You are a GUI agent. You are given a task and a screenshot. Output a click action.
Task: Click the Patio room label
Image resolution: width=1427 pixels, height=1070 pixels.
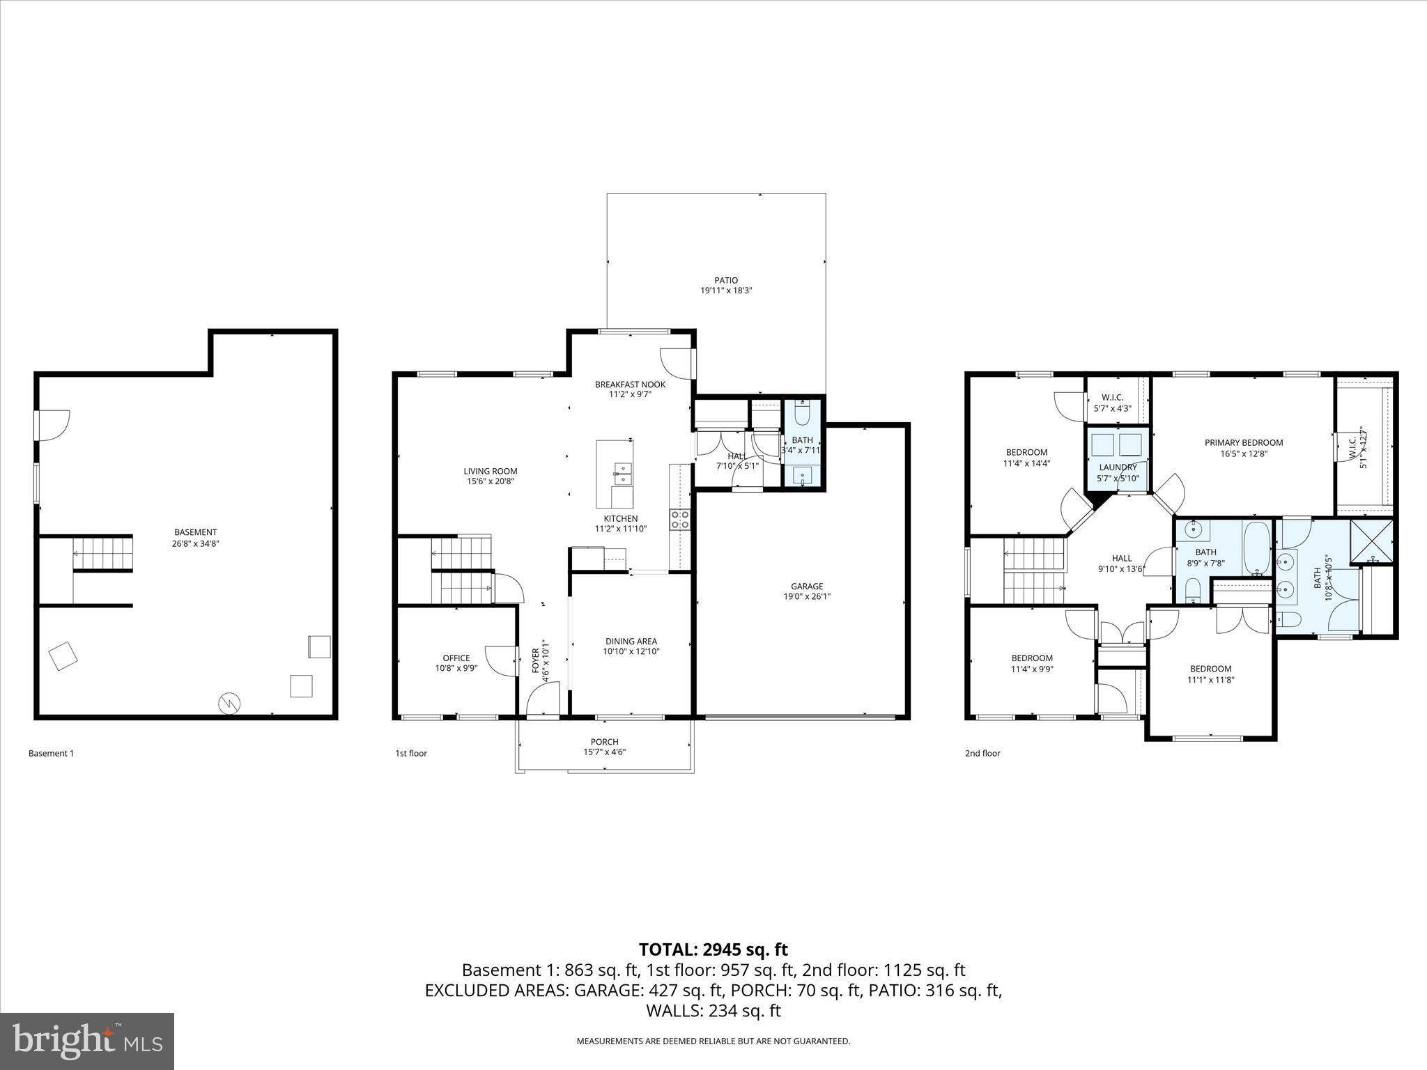click(x=726, y=281)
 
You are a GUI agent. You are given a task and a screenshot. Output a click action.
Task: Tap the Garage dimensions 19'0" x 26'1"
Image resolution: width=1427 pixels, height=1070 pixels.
click(x=807, y=596)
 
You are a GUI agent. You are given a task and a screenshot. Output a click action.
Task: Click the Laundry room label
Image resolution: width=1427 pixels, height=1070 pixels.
click(x=1118, y=467)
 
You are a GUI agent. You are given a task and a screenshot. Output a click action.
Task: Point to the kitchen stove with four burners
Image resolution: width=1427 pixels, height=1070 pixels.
click(x=680, y=519)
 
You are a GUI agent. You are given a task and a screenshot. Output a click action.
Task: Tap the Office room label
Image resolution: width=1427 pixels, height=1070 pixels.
click(x=456, y=658)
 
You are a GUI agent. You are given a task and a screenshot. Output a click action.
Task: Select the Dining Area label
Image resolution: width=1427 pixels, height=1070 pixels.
click(x=631, y=642)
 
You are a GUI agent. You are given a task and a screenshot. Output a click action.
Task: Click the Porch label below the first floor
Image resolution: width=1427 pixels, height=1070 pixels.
click(x=604, y=742)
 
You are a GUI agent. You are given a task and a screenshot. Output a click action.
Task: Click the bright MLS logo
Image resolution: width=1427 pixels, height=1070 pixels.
click(x=87, y=1041)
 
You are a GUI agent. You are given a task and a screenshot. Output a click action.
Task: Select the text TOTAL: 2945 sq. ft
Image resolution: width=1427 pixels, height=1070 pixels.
click(x=713, y=949)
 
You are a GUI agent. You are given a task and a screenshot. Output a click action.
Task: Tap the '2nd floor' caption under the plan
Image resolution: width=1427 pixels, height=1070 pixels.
click(x=982, y=753)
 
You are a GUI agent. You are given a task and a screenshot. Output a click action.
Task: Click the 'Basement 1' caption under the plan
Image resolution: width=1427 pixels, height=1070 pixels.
click(x=51, y=753)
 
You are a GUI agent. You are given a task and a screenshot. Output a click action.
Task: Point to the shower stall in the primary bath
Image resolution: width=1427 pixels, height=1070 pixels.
click(x=1371, y=541)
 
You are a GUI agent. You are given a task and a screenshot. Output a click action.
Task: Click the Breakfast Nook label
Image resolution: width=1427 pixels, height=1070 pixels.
click(x=630, y=385)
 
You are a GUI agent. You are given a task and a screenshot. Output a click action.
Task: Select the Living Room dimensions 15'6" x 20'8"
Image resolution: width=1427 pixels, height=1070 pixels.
click(x=491, y=481)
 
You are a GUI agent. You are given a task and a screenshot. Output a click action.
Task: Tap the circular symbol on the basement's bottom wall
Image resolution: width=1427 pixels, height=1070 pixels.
click(x=229, y=704)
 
